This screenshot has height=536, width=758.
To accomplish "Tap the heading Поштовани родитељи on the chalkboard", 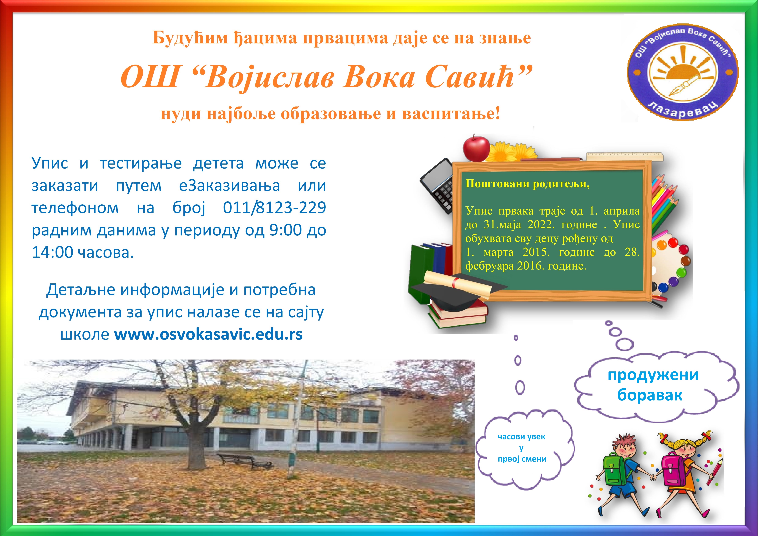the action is pos(527,184).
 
